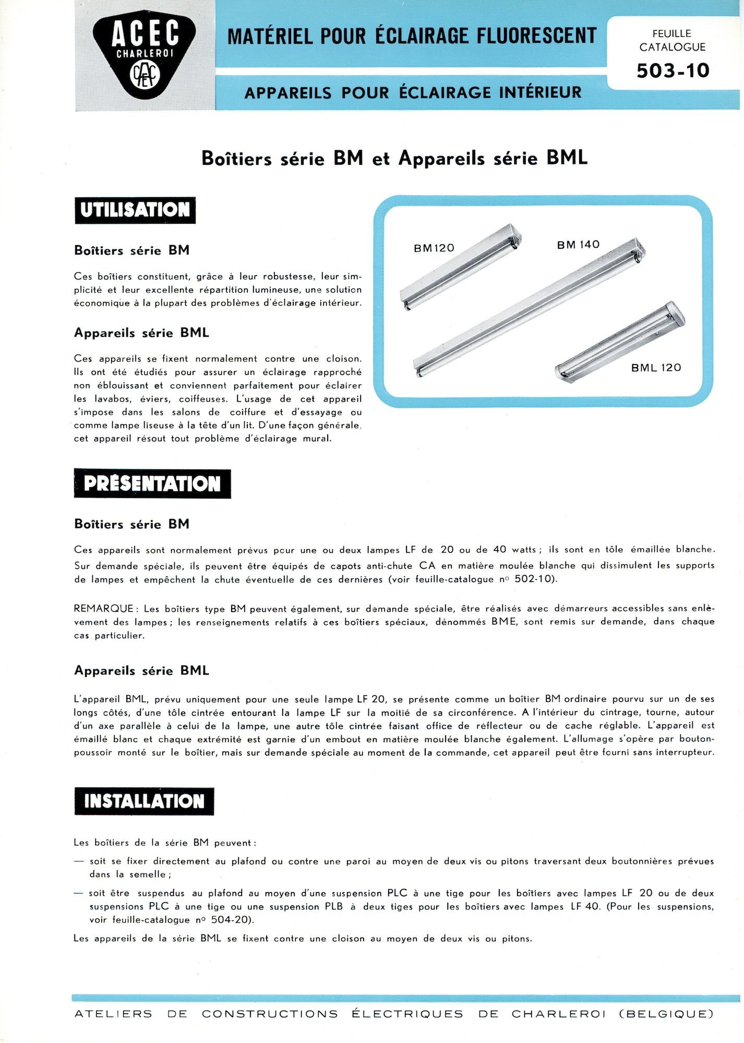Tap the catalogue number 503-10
click(x=673, y=70)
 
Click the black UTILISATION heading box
click(x=135, y=210)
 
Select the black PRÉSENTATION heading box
click(x=152, y=483)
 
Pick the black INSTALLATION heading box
click(x=144, y=801)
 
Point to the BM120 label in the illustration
click(x=434, y=248)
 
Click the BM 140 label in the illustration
click(x=578, y=245)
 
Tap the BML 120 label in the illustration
click(x=656, y=368)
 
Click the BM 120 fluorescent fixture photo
click(x=462, y=267)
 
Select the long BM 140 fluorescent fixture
click(x=530, y=308)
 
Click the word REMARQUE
click(x=104, y=609)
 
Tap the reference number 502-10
click(x=535, y=579)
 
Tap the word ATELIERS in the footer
click(x=113, y=1014)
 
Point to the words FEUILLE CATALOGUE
click(x=672, y=40)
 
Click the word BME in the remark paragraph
click(x=503, y=622)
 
